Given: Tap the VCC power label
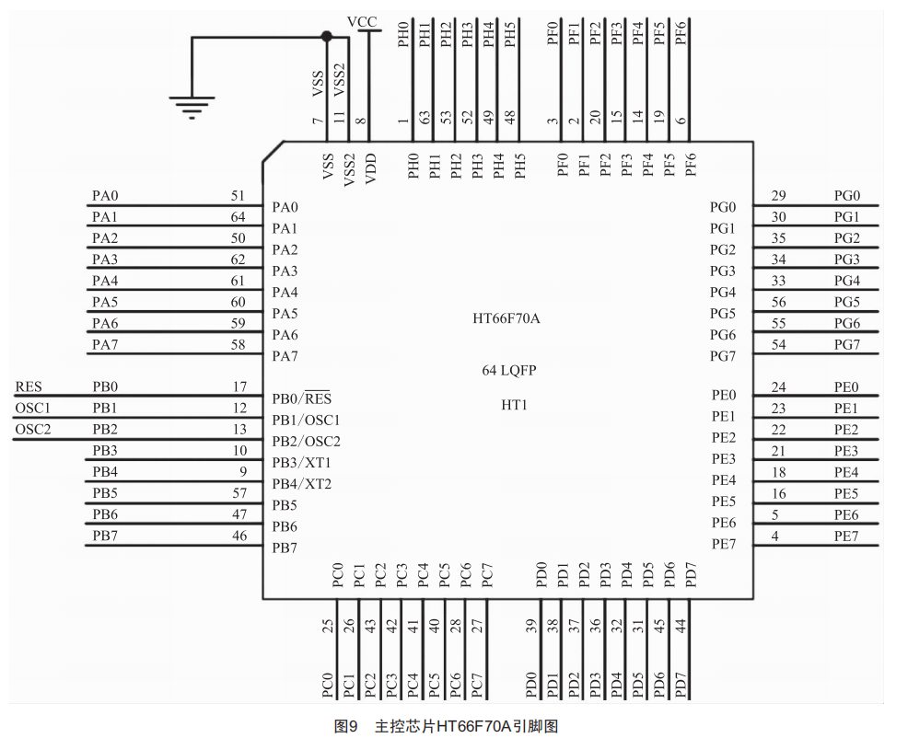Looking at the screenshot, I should [362, 20].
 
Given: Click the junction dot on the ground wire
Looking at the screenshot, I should [325, 37].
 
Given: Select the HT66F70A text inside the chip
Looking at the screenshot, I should [506, 319].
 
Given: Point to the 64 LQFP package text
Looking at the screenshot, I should [509, 370].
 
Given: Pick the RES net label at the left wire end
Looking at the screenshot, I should [29, 387].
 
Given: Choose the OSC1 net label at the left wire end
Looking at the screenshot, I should [32, 409].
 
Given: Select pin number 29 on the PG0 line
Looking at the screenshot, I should [778, 196].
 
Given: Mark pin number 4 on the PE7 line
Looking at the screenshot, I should [775, 536].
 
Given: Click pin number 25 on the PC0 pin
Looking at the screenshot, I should [327, 628].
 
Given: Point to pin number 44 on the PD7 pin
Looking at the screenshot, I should [681, 628].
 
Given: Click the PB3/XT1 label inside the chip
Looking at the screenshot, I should [302, 463].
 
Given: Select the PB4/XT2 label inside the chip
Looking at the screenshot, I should [302, 484].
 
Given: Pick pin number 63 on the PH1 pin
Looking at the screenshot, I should [425, 119].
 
